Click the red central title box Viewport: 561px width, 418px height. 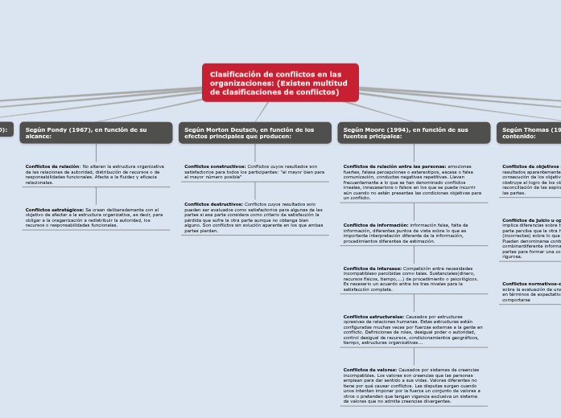point(280,83)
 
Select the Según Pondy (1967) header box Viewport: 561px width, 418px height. point(96,133)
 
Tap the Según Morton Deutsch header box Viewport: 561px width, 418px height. point(254,133)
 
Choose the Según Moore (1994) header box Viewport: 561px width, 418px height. point(414,133)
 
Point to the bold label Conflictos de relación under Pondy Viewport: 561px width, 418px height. point(52,166)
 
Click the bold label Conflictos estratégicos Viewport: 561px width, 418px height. point(54,209)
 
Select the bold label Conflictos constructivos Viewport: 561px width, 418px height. point(215,166)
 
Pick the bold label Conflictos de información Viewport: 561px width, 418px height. point(376,225)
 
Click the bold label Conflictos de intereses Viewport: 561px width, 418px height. point(372,268)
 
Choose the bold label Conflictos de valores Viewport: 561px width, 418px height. point(370,369)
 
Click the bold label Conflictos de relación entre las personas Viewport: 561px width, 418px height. point(394,166)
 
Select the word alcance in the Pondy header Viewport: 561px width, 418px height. point(38,137)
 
